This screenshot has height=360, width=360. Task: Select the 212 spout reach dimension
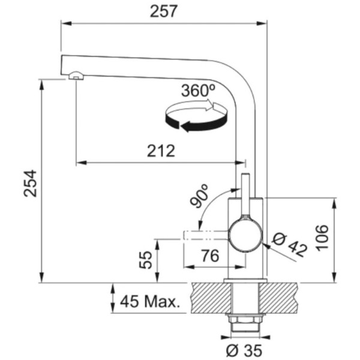pos(161,151)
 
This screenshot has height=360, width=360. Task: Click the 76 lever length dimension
pos(208,256)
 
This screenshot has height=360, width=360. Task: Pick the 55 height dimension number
pos(145,259)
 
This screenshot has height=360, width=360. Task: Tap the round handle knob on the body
pos(244,235)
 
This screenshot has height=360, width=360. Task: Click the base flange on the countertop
pos(244,281)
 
